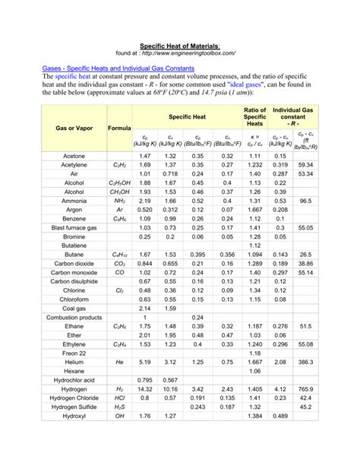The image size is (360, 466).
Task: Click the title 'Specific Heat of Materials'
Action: click(x=179, y=46)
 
